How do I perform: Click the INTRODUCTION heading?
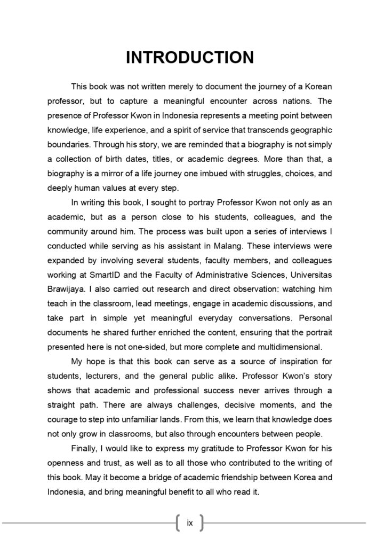(190, 57)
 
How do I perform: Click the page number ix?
(190, 523)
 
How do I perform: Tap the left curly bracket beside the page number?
(177, 523)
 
